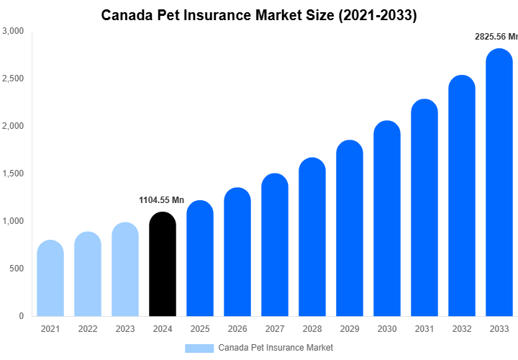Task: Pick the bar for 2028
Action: click(x=312, y=237)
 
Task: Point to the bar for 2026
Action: click(x=237, y=252)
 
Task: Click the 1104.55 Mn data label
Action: click(x=161, y=199)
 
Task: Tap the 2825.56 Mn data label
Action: click(x=495, y=36)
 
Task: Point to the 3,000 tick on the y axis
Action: click(x=13, y=32)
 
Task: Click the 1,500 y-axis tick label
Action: click(x=13, y=174)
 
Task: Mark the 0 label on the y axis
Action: click(x=21, y=316)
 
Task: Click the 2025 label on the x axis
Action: click(x=199, y=329)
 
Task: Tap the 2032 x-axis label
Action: click(x=461, y=329)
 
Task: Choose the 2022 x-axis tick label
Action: click(x=88, y=329)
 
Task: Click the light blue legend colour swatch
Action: click(x=199, y=348)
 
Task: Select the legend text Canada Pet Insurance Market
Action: click(x=276, y=348)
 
